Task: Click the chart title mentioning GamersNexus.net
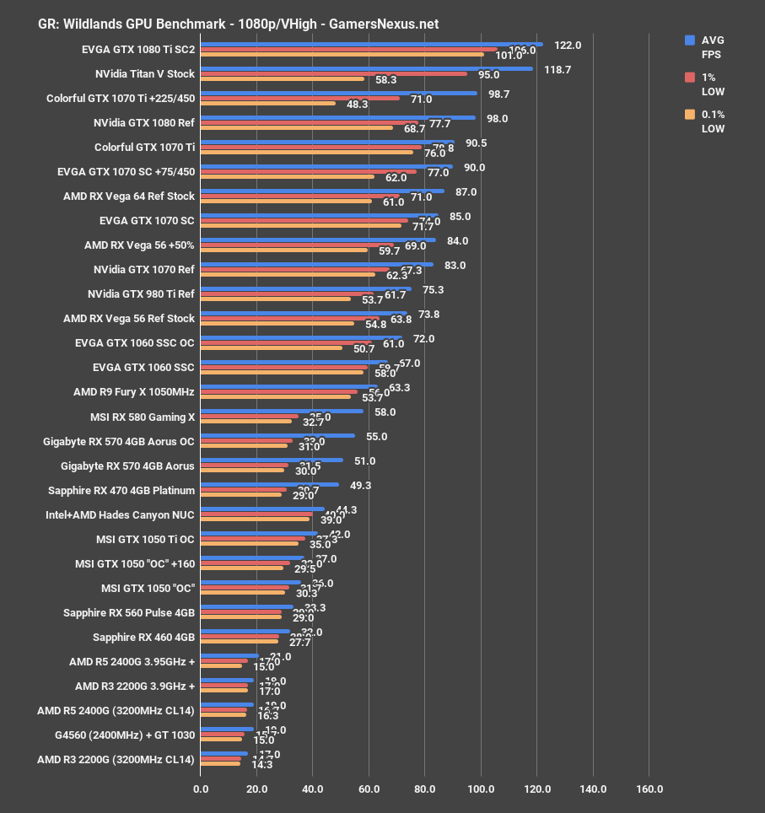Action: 239,24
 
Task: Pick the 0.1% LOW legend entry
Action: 712,121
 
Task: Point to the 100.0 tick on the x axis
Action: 481,789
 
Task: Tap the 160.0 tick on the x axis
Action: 649,789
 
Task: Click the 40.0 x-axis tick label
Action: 313,789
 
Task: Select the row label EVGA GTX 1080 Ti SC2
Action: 138,49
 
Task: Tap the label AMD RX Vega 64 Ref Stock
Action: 129,196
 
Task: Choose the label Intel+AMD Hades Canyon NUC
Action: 120,514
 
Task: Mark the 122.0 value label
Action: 568,46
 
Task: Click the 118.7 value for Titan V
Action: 558,70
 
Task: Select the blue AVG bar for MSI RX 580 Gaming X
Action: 282,412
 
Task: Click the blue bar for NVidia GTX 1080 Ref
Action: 337,118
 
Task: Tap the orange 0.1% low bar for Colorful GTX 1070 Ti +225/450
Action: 268,104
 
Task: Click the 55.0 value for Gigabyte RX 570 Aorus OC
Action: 376,437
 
